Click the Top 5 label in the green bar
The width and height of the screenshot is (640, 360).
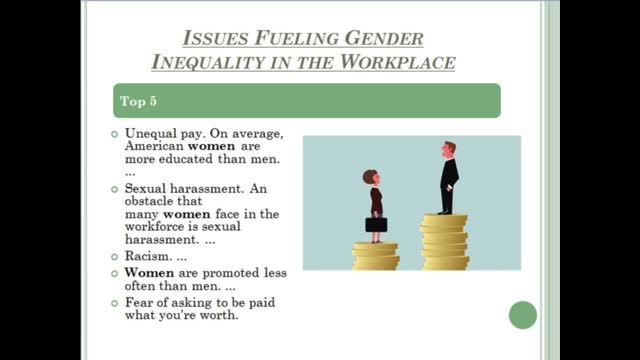click(x=139, y=102)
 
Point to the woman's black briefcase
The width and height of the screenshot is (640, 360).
click(x=375, y=224)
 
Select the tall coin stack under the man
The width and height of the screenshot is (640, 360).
click(x=444, y=241)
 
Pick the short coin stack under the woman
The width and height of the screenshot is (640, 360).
click(x=375, y=255)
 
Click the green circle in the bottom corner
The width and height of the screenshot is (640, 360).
click(x=522, y=315)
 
